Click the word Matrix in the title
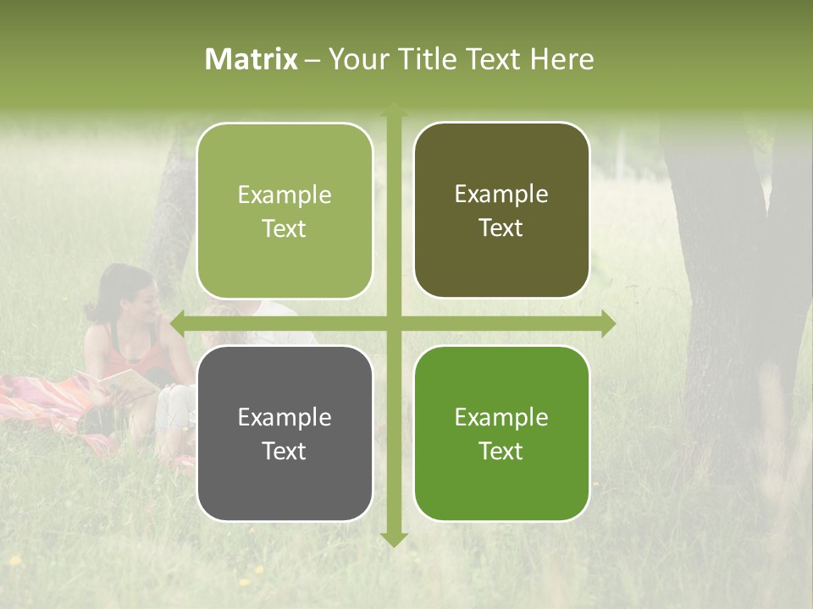(x=252, y=59)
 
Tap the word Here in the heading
(x=562, y=59)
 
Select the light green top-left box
(x=285, y=211)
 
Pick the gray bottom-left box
(x=285, y=433)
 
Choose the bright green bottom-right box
(x=501, y=433)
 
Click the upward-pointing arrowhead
(x=394, y=109)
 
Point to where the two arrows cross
(x=394, y=323)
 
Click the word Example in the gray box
(x=285, y=417)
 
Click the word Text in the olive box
(x=501, y=228)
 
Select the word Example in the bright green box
(x=501, y=417)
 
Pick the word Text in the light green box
(x=285, y=228)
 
